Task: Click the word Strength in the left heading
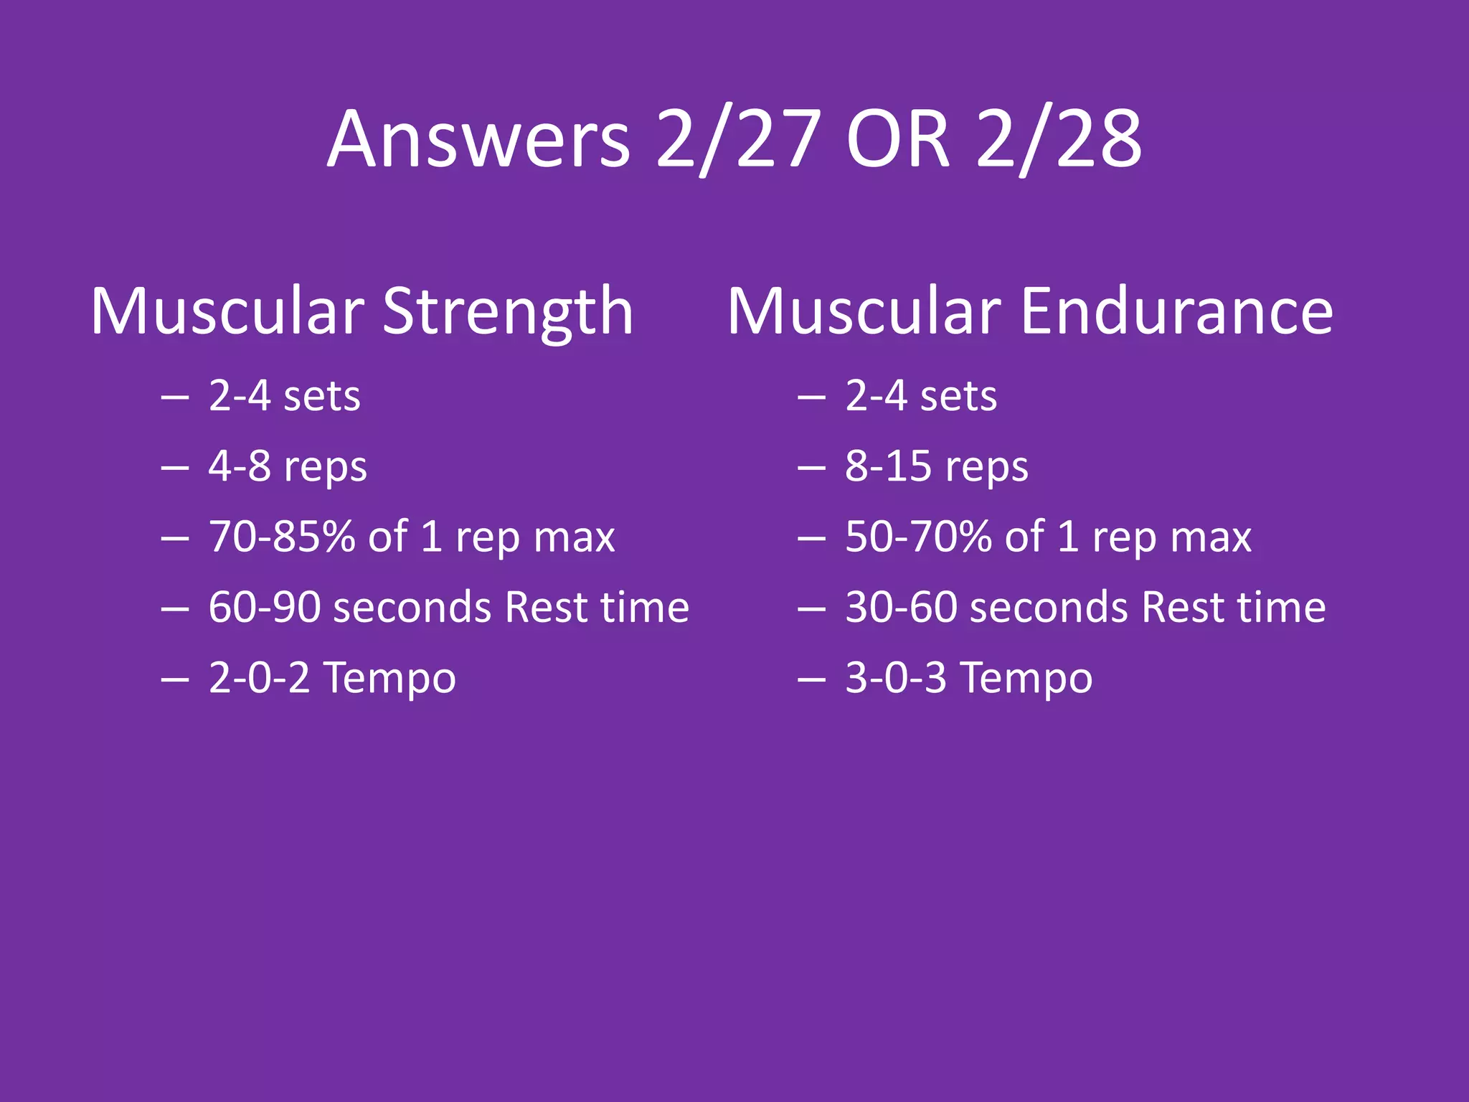508,311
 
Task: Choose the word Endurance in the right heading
1176,311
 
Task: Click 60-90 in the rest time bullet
264,607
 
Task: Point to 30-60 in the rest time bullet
901,607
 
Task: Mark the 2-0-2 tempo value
259,677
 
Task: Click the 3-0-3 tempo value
896,677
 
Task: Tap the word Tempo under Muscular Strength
389,679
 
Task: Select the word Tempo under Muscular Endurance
1026,679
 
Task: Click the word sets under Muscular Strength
322,397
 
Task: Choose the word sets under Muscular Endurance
958,397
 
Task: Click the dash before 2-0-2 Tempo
174,679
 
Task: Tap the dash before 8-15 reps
811,468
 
